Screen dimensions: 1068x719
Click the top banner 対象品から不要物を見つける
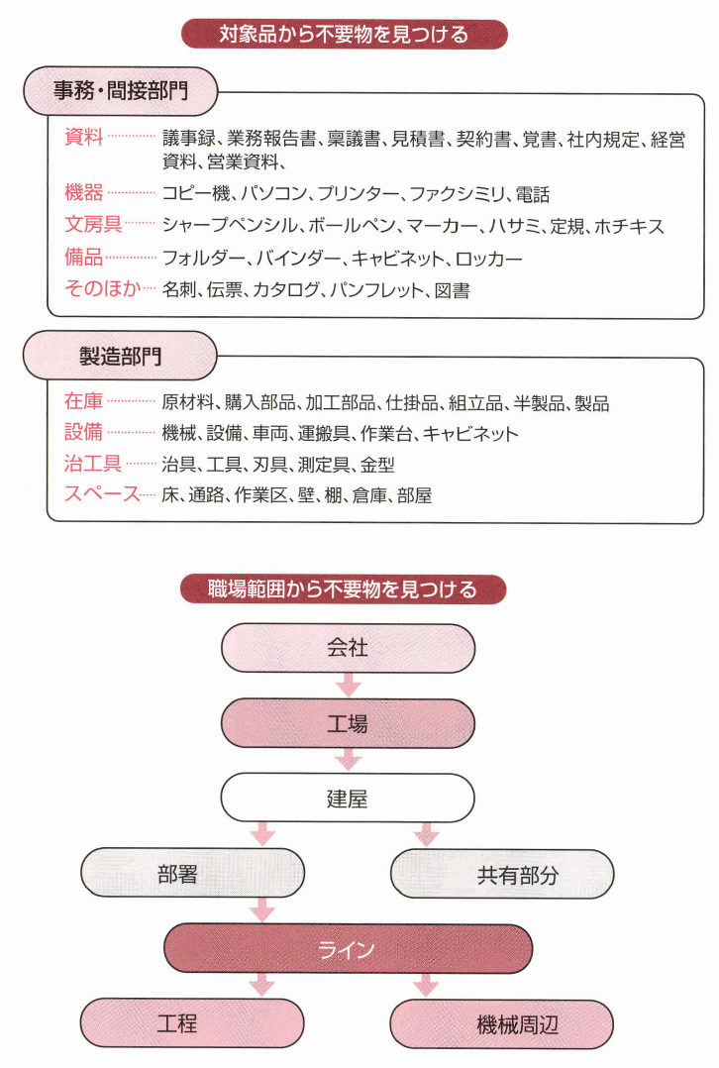pos(344,35)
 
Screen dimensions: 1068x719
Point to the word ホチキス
pos(629,226)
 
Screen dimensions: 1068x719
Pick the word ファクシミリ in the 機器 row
pos(455,194)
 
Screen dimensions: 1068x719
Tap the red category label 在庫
pos(83,402)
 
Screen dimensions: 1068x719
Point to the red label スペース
pos(102,493)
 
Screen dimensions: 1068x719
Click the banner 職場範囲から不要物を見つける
pos(344,589)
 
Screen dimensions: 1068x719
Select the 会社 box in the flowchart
pos(348,648)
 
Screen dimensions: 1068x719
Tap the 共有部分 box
pos(503,875)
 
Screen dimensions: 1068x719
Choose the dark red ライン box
pos(348,950)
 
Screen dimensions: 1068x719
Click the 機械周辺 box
pos(503,1024)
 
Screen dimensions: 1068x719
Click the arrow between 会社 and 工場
pos(348,685)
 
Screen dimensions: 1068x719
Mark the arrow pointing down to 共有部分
pos(426,833)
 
